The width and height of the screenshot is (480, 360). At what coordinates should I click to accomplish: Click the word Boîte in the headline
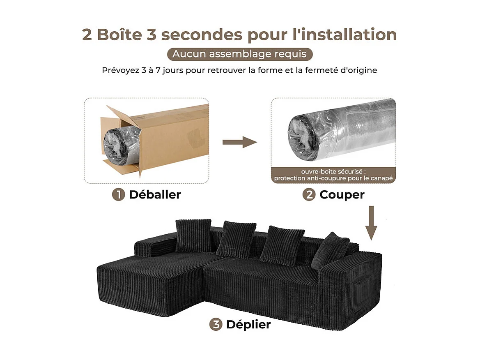pos(119,35)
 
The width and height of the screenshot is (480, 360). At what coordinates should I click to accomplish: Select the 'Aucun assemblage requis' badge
pos(240,54)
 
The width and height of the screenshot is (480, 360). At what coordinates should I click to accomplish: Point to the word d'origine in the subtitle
pos(357,70)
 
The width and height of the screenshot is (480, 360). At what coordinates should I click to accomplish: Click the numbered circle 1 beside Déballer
pos(119,195)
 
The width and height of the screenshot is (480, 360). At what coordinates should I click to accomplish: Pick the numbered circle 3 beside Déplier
pos(216,324)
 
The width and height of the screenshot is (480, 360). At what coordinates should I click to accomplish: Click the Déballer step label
pos(155,195)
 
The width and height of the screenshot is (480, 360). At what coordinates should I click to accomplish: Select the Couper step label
pos(342,195)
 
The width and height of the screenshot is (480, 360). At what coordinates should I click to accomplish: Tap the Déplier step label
pos(248,324)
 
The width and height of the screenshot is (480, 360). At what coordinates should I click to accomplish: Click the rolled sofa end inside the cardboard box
pos(116,146)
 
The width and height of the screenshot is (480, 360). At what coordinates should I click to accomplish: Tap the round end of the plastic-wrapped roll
pos(303,136)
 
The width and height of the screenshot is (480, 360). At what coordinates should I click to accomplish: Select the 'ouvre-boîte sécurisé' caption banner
pos(333,175)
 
